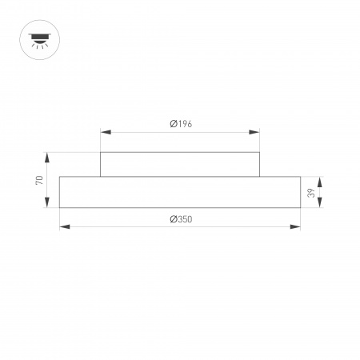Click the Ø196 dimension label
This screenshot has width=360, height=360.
(x=181, y=123)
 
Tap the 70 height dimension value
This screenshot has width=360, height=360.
(x=38, y=180)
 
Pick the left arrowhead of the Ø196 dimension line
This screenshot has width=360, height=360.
(x=103, y=133)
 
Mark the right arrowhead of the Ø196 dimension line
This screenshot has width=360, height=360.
(x=257, y=133)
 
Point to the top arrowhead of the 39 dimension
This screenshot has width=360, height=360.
(x=320, y=179)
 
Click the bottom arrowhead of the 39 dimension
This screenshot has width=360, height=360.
(x=320, y=205)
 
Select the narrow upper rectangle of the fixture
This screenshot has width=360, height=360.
(x=180, y=164)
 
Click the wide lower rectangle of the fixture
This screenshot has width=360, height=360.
(x=180, y=192)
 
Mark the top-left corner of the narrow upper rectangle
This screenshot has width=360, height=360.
(x=100, y=152)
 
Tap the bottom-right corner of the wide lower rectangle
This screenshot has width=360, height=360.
(x=301, y=208)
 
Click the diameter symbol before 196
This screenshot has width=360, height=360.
(x=173, y=123)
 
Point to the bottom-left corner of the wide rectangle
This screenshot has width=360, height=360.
(x=60, y=208)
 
